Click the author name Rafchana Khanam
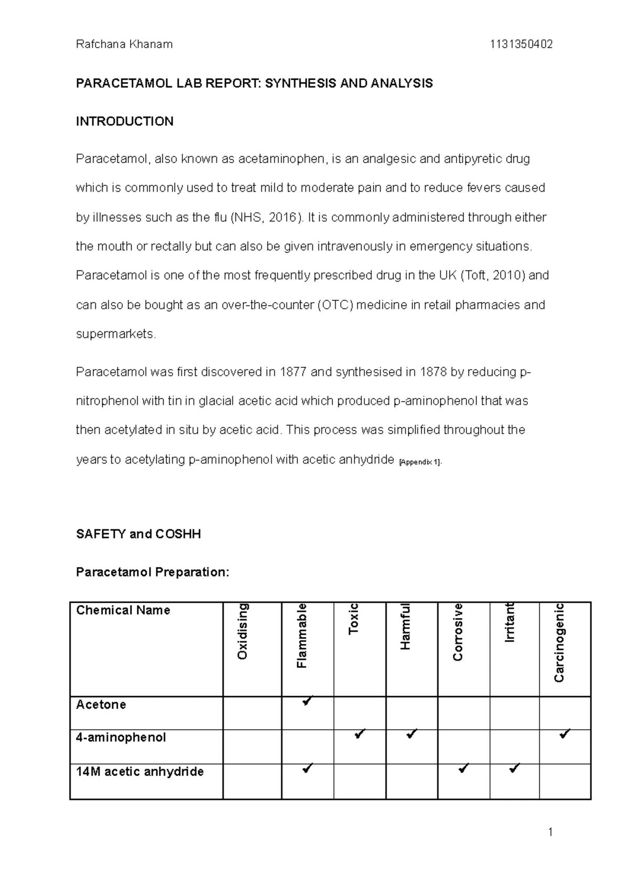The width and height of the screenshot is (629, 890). [x=124, y=45]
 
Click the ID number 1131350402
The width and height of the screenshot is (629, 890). [x=521, y=45]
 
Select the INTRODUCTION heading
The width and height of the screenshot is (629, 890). [x=125, y=122]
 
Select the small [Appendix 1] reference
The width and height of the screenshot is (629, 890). [x=420, y=462]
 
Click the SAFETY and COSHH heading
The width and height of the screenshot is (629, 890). [x=138, y=534]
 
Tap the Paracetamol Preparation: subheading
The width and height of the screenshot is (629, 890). [x=153, y=572]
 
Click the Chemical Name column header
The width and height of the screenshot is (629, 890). [x=123, y=610]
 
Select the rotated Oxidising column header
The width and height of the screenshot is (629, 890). [x=242, y=632]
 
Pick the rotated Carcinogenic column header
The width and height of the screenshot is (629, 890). [x=559, y=643]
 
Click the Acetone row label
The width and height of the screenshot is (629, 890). [x=101, y=704]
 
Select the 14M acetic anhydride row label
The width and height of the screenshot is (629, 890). [x=139, y=772]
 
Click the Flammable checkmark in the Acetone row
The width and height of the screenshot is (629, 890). [x=308, y=701]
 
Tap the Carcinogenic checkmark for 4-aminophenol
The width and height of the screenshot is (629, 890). [x=565, y=734]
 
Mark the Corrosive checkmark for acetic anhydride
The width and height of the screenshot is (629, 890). [x=463, y=769]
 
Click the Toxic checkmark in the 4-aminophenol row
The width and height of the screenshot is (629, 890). [x=360, y=734]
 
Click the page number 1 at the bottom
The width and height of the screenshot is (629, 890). [x=550, y=832]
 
